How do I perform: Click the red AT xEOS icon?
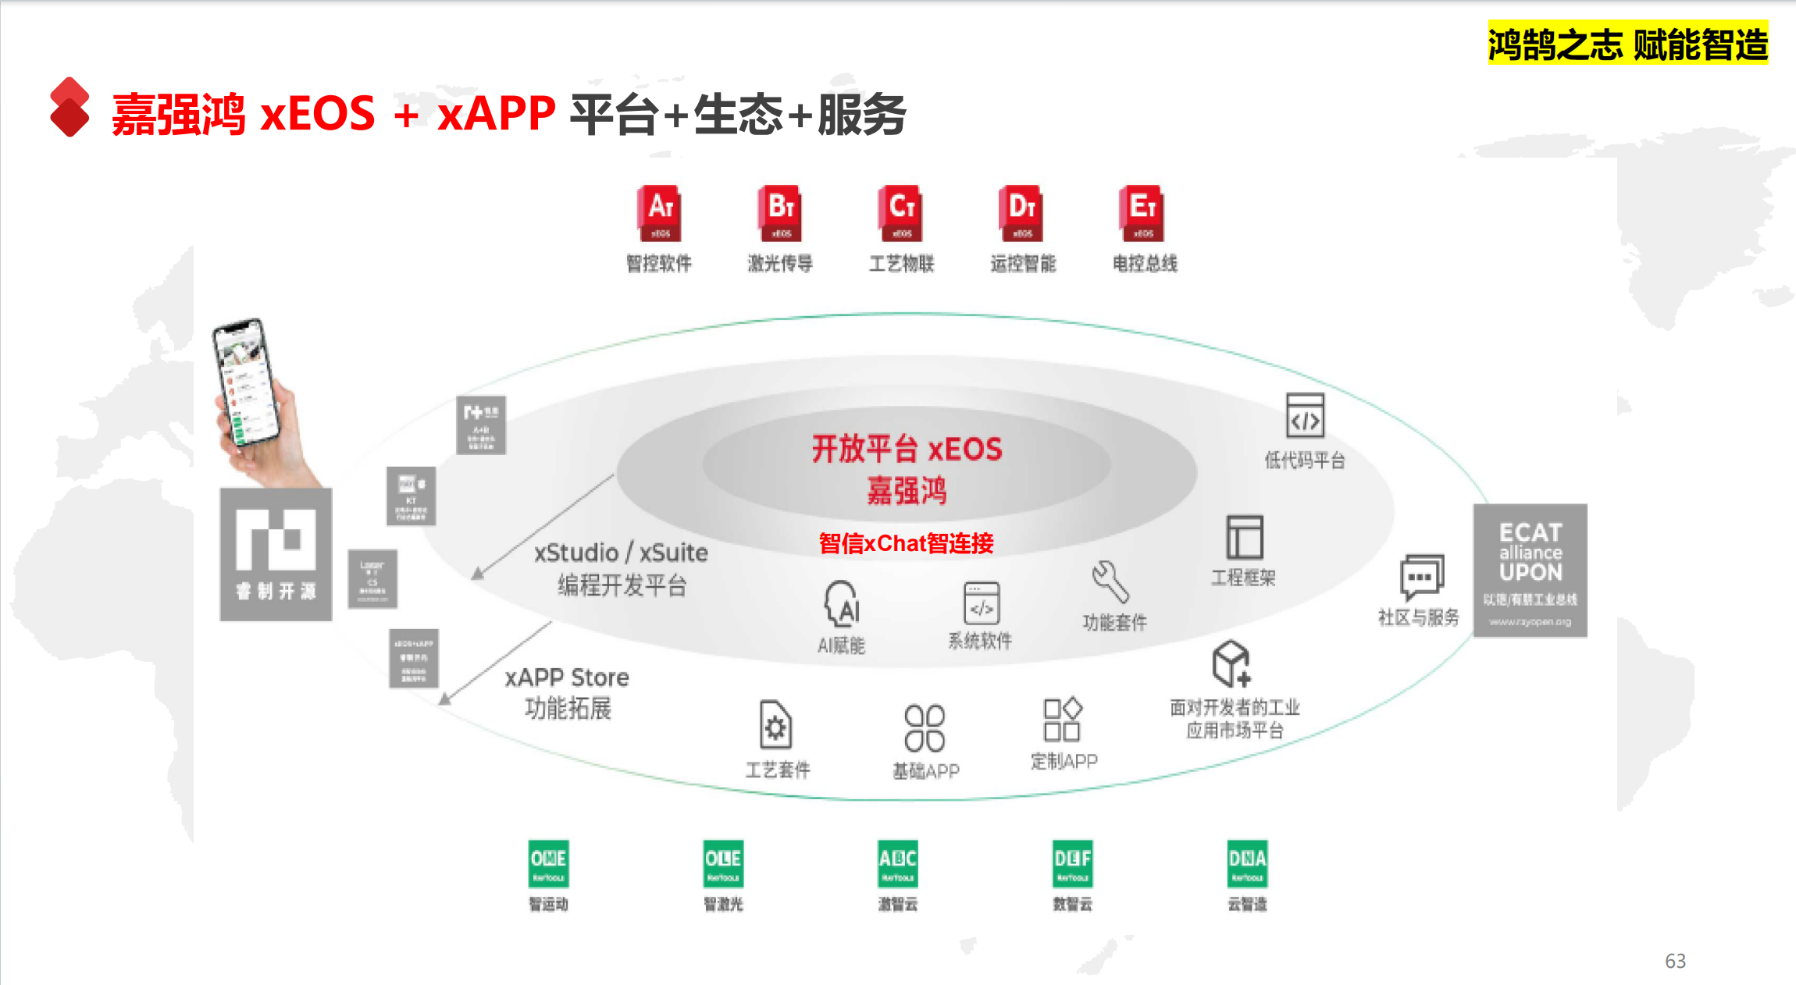(660, 213)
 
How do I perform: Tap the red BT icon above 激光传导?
(780, 213)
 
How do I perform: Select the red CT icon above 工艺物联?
(901, 213)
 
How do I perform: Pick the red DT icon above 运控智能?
(1021, 213)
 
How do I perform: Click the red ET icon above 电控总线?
(1142, 213)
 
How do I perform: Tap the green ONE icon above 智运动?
(548, 863)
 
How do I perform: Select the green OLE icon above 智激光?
(723, 863)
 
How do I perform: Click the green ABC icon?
(898, 863)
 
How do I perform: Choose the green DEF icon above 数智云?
(1072, 863)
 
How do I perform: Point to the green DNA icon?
(1247, 863)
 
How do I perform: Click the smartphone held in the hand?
(245, 382)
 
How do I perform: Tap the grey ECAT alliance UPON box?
(1530, 571)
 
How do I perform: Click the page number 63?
(1675, 961)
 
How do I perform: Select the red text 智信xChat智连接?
(906, 543)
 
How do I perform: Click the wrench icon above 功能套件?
(1110, 582)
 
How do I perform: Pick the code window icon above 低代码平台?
(1305, 415)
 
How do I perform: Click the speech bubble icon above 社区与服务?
(1421, 576)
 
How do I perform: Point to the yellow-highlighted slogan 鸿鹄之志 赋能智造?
(1627, 44)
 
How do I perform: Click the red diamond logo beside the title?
(69, 107)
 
